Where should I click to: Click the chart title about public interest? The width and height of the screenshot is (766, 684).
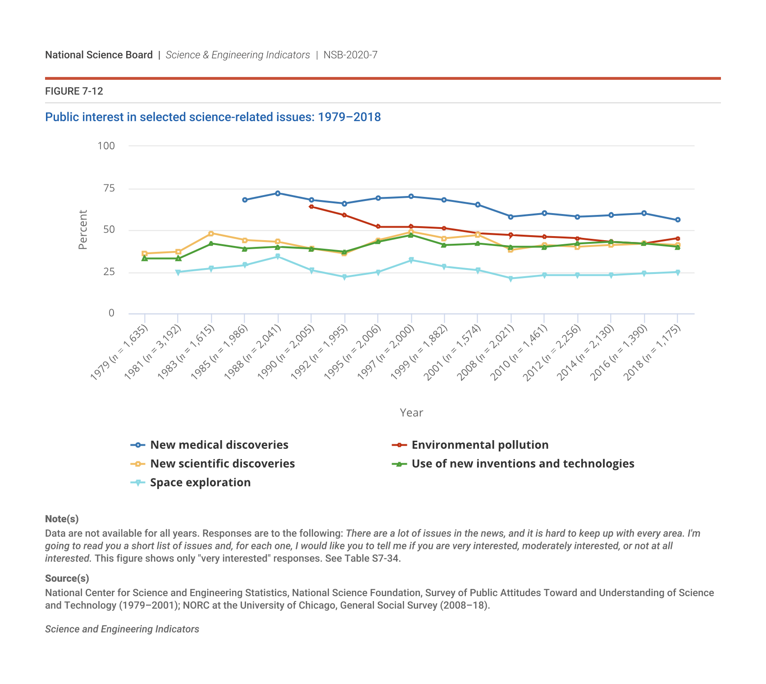click(213, 117)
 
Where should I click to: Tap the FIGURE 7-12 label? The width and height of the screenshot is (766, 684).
click(74, 91)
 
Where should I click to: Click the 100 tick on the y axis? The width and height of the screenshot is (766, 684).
click(106, 146)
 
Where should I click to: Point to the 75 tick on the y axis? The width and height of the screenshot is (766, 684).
click(109, 188)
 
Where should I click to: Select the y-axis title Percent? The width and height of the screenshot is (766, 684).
click(83, 230)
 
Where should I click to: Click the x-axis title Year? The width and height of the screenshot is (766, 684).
click(411, 413)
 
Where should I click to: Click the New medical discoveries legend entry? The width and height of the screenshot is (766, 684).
click(219, 445)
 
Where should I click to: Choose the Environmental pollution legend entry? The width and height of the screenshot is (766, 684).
click(480, 445)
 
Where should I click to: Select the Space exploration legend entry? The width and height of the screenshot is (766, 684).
click(200, 483)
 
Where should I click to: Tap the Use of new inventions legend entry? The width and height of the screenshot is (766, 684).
click(523, 464)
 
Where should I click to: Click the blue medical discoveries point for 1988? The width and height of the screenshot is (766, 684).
click(278, 193)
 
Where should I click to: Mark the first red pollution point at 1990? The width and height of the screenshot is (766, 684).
click(311, 207)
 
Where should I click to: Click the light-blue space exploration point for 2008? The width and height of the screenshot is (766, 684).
click(511, 278)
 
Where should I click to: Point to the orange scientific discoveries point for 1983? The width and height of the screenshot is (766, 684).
click(211, 233)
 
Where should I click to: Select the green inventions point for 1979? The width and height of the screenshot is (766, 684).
click(145, 258)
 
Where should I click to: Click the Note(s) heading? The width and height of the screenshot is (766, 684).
click(62, 519)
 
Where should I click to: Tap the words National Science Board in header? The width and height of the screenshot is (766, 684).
click(99, 55)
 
